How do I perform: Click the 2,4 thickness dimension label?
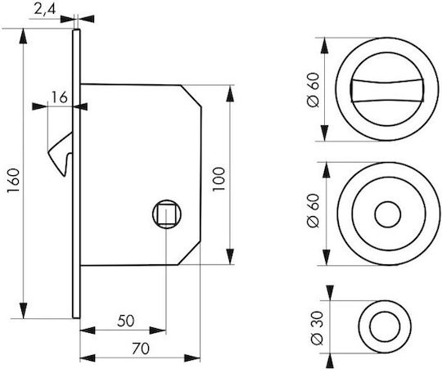click(45, 9)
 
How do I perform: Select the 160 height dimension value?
click(13, 180)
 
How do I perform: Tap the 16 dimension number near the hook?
click(60, 97)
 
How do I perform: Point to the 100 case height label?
click(219, 179)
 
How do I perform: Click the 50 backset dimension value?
click(126, 321)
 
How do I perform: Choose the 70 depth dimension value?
click(141, 349)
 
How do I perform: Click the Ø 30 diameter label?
click(317, 328)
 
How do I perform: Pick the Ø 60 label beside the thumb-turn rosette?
click(313, 90)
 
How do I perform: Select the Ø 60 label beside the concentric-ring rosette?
click(313, 210)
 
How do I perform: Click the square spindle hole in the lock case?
click(167, 214)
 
